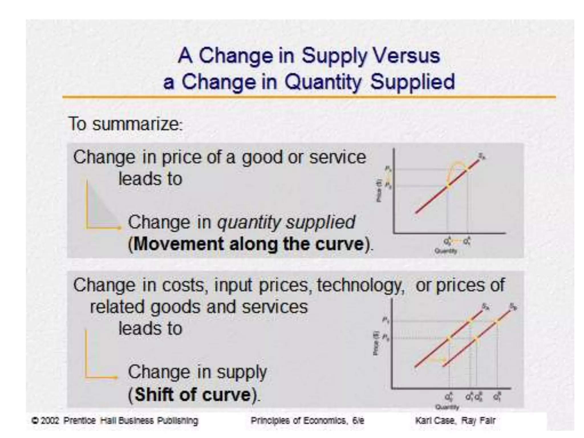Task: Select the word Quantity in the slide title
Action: pos(323,82)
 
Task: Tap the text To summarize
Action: pos(125,124)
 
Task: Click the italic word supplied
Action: pos(321,222)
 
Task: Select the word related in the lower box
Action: pos(117,307)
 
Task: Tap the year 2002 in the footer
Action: pos(50,421)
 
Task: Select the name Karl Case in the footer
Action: pos(435,421)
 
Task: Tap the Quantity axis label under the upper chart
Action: pos(446,251)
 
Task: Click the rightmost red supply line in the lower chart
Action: pos(479,336)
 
